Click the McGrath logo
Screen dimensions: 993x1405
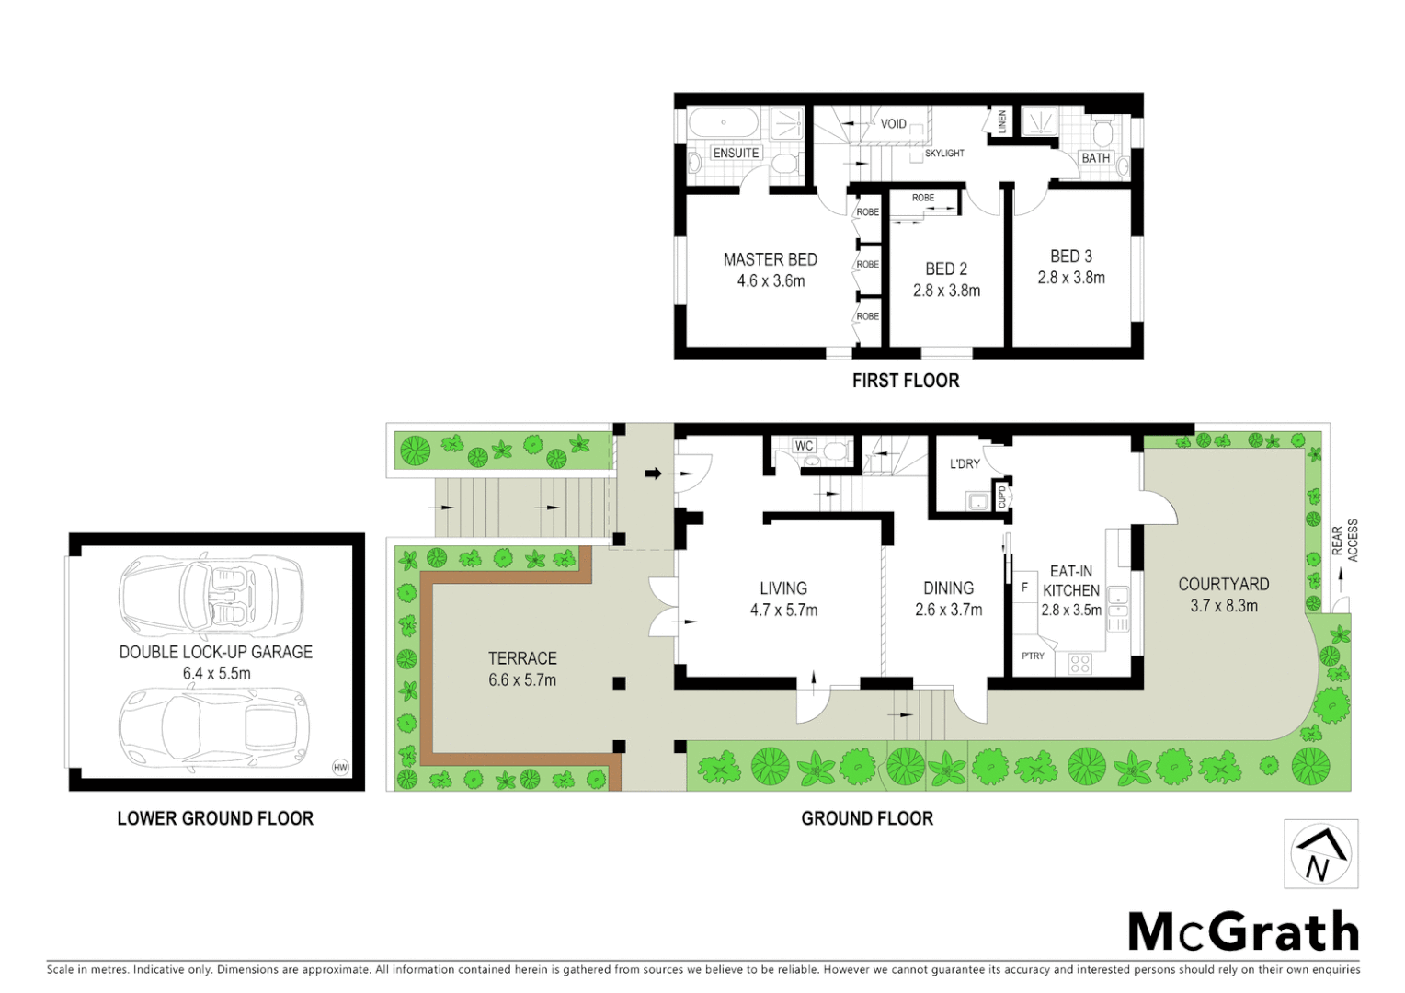1242,932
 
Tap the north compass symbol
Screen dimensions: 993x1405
1320,855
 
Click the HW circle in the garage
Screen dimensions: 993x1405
340,767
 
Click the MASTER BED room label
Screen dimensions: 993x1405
770,260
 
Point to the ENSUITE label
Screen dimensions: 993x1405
736,153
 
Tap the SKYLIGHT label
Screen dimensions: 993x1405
944,154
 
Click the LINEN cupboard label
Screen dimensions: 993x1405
1002,121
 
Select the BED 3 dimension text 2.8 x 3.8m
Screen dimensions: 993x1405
1071,278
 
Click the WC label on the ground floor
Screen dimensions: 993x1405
804,446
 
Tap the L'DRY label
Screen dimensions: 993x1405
965,464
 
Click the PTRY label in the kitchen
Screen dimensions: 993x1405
1033,656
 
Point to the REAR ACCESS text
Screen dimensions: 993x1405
1344,542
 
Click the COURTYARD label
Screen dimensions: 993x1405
1223,585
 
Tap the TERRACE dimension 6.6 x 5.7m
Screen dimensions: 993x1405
522,680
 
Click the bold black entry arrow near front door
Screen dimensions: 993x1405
653,474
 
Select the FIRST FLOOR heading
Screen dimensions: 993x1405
905,381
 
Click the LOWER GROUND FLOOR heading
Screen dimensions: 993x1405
215,818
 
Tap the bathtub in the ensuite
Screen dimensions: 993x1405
723,122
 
